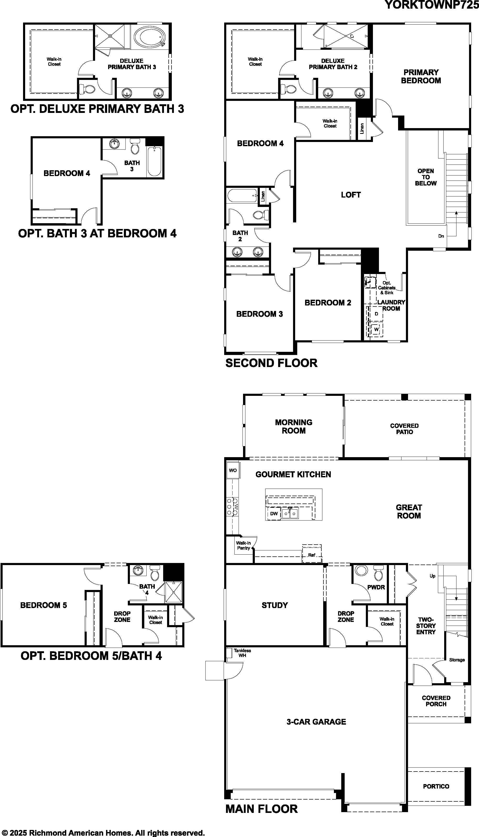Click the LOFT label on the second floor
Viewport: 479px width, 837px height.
coord(351,195)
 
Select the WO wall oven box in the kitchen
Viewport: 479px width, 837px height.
coord(233,470)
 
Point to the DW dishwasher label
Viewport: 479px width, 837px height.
coord(274,513)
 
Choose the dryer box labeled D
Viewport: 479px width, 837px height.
coord(376,314)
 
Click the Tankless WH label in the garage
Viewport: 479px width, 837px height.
coord(243,653)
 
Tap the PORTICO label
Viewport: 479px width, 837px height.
coord(436,793)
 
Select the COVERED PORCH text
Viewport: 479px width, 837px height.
coord(436,701)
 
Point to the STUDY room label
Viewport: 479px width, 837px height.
coord(275,605)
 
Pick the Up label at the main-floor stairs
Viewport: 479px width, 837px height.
coord(432,576)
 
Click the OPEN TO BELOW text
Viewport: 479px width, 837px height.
coord(426,177)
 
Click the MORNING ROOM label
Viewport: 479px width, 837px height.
coord(294,426)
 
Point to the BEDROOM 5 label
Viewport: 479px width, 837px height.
coord(43,605)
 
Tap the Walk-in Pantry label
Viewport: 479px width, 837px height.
coord(244,545)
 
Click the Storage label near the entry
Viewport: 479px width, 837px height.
coord(457,660)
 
